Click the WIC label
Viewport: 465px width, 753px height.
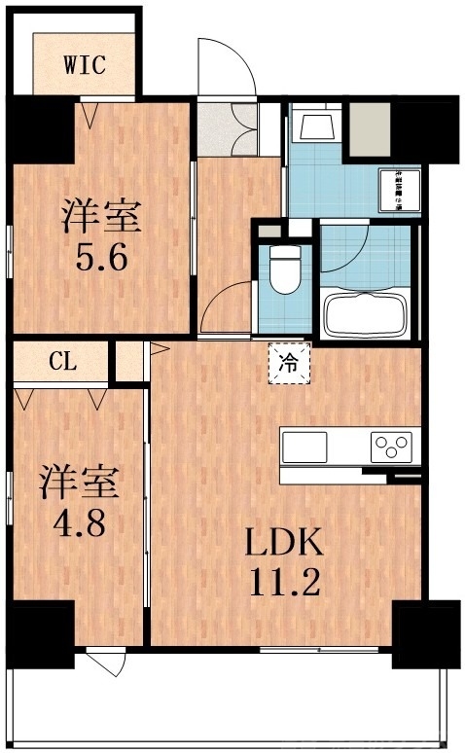(x=85, y=65)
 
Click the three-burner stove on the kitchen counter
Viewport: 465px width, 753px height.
(x=393, y=448)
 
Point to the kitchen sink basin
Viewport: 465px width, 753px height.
(x=305, y=448)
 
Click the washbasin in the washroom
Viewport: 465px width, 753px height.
(x=314, y=125)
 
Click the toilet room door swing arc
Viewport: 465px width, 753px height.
(x=226, y=304)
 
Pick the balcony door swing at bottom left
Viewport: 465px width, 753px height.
(x=106, y=664)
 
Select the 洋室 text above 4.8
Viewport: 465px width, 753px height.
(x=79, y=483)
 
